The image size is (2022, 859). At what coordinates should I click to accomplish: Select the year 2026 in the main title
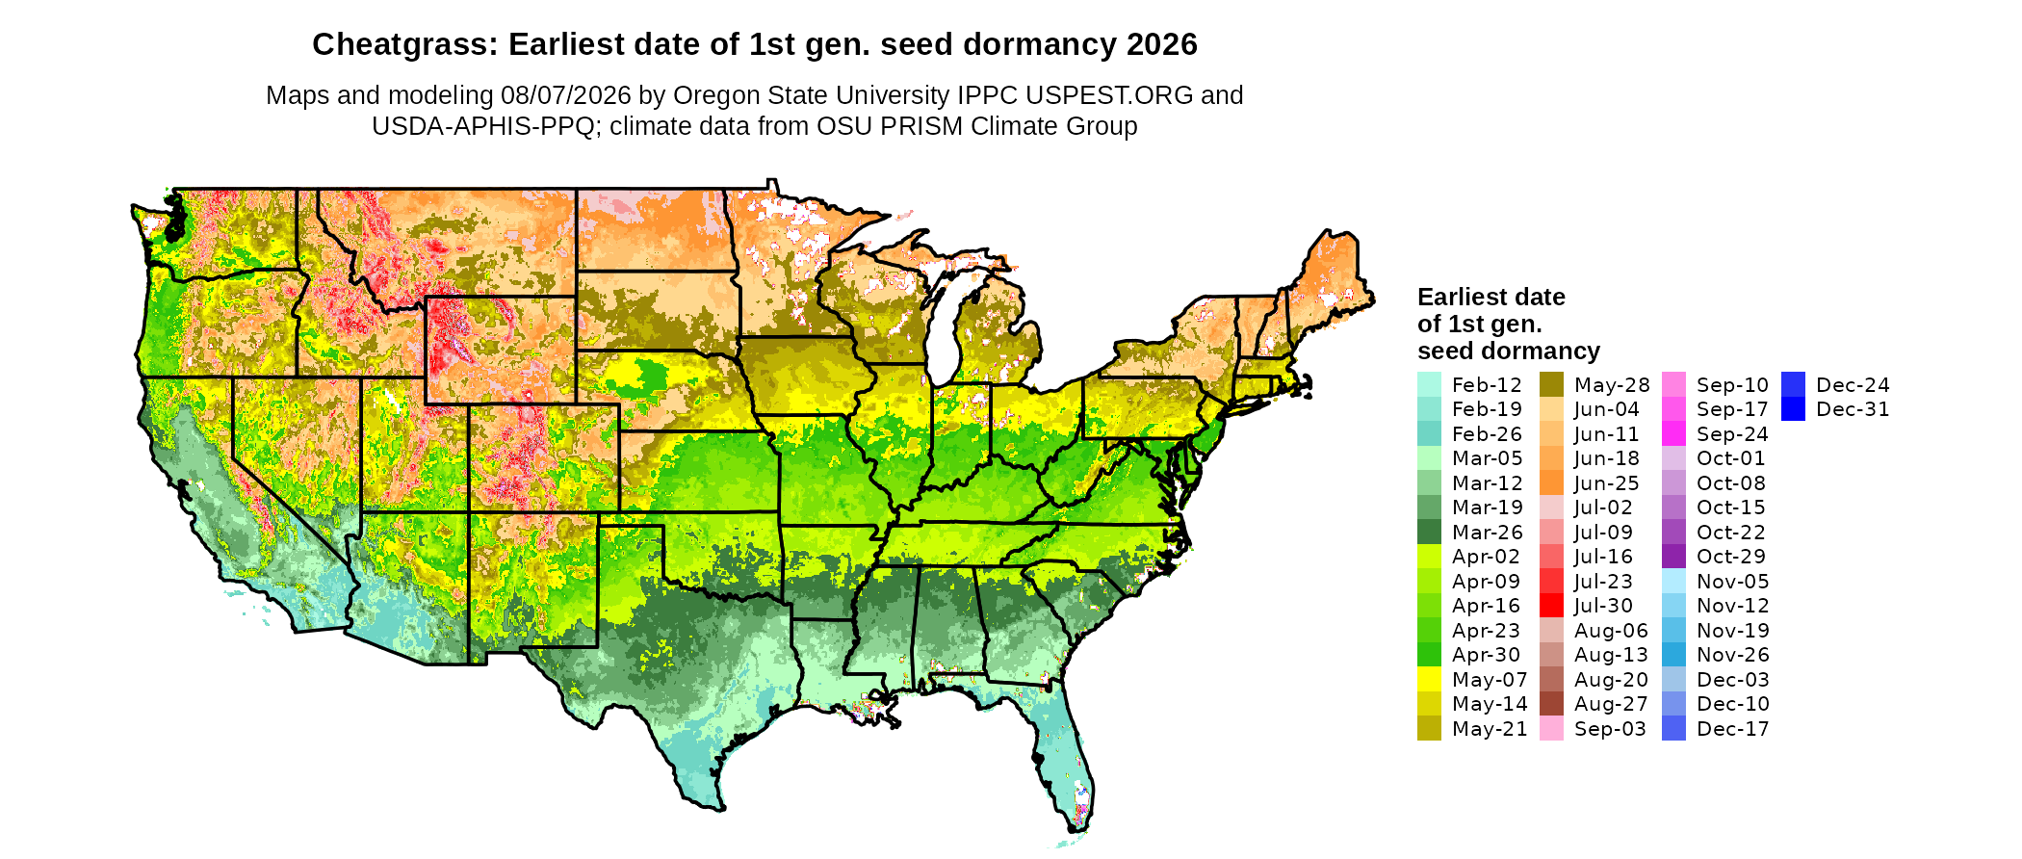[x=1162, y=44]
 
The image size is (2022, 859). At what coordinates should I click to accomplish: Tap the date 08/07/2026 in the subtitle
[x=566, y=95]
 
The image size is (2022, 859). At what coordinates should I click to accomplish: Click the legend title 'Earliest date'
[x=1491, y=297]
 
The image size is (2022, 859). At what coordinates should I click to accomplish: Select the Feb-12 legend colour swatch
[x=1430, y=384]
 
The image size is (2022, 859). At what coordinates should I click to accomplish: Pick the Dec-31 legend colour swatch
[x=1793, y=409]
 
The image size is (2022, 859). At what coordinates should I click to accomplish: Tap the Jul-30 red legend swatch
[x=1552, y=606]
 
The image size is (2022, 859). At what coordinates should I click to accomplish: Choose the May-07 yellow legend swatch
[x=1430, y=679]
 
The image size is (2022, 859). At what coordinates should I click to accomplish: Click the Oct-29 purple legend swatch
[x=1674, y=557]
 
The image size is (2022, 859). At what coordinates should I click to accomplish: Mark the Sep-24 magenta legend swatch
[x=1674, y=433]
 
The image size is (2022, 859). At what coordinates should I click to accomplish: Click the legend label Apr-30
[x=1487, y=655]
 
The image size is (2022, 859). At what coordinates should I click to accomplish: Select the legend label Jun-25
[x=1607, y=483]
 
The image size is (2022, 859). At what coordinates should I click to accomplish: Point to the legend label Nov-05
[x=1732, y=582]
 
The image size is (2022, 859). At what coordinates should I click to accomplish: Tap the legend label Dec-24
[x=1853, y=385]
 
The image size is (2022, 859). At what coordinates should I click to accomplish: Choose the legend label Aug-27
[x=1611, y=704]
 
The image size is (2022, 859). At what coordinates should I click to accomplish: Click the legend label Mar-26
[x=1488, y=533]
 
